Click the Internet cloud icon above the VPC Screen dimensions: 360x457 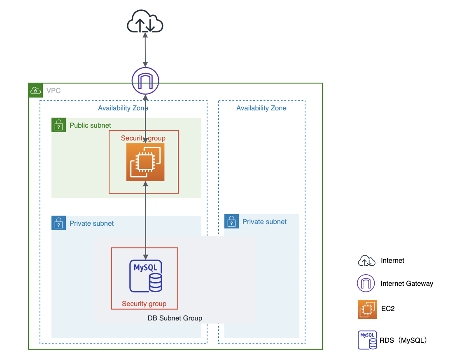(145, 22)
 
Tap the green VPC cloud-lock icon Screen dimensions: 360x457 (35, 90)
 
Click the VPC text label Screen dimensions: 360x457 (54, 91)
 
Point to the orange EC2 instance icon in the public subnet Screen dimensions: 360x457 (145, 162)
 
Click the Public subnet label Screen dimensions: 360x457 (90, 125)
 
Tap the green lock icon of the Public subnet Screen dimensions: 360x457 (59, 125)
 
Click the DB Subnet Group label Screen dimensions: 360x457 (175, 318)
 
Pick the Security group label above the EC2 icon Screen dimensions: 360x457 (143, 138)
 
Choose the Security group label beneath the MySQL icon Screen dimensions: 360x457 (144, 304)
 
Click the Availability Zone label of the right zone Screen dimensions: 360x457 (261, 108)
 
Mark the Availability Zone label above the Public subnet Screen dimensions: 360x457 (123, 108)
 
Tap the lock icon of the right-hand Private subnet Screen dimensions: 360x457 (232, 221)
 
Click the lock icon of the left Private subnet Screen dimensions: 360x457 (59, 223)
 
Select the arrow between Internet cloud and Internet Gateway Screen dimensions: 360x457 (145, 49)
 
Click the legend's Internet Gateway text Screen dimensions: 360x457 (407, 283)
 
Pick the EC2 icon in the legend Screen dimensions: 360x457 (367, 309)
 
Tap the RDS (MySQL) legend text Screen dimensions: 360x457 (405, 340)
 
